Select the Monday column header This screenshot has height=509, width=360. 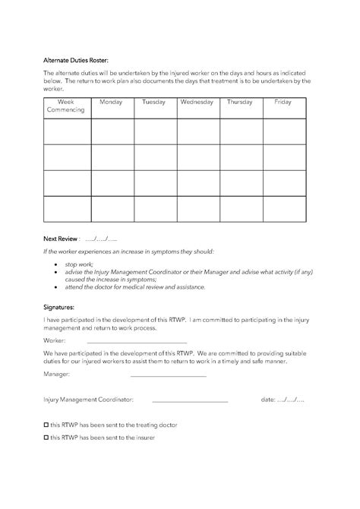(x=111, y=101)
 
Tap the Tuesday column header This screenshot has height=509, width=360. (x=154, y=101)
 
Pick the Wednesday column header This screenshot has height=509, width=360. (x=197, y=101)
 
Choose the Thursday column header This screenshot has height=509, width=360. (x=240, y=101)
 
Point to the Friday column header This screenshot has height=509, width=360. (x=283, y=101)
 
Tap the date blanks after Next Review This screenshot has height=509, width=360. (x=102, y=238)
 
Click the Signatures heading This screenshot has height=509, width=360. (x=59, y=308)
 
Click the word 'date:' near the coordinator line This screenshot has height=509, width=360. (x=267, y=398)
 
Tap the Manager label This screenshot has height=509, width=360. (x=56, y=375)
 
